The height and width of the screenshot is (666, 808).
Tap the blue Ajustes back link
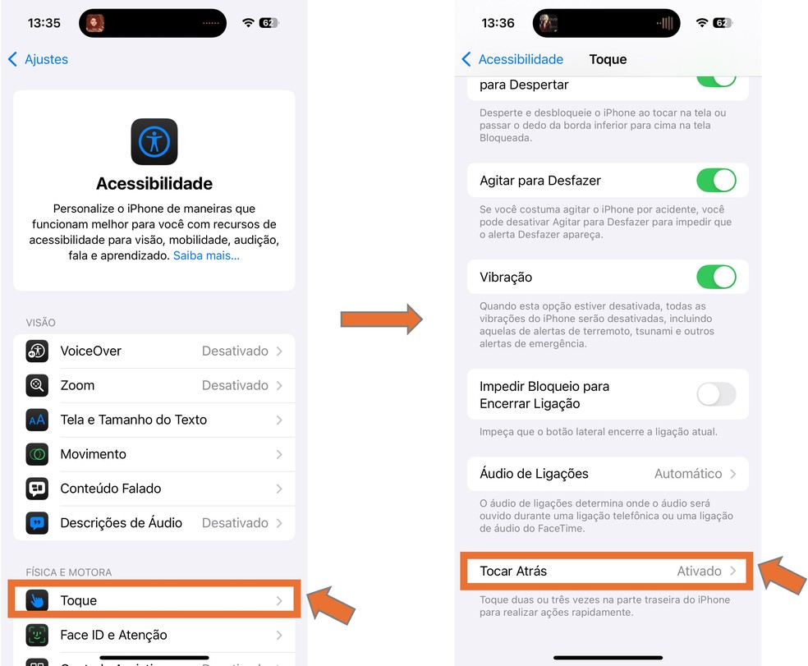click(x=38, y=59)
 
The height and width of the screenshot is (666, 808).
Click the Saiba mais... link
click(x=206, y=255)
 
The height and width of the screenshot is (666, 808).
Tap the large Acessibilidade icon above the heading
click(x=154, y=142)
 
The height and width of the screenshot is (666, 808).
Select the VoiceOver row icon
click(x=37, y=351)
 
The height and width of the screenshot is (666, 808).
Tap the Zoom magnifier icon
click(x=37, y=386)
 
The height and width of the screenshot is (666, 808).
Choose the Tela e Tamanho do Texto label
click(x=134, y=420)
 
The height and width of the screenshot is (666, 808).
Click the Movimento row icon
click(x=37, y=454)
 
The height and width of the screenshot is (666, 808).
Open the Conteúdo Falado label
click(x=111, y=489)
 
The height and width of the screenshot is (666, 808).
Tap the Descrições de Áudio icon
click(x=37, y=523)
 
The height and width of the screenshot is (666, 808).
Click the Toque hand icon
click(x=37, y=600)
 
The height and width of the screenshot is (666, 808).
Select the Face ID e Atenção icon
click(x=37, y=635)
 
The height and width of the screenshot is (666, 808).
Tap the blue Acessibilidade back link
click(x=512, y=59)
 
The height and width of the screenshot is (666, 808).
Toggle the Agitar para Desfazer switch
click(x=716, y=181)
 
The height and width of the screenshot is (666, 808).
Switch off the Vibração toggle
click(x=716, y=277)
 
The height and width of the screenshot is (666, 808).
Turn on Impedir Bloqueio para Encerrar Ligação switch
click(x=716, y=394)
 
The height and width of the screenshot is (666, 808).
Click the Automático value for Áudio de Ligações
click(x=688, y=474)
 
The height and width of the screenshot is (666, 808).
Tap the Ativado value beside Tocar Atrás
click(x=699, y=572)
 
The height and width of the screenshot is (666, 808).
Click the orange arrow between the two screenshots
click(x=381, y=319)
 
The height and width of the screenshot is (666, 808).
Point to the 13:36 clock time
click(x=498, y=23)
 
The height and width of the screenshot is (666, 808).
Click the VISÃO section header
click(x=41, y=323)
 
